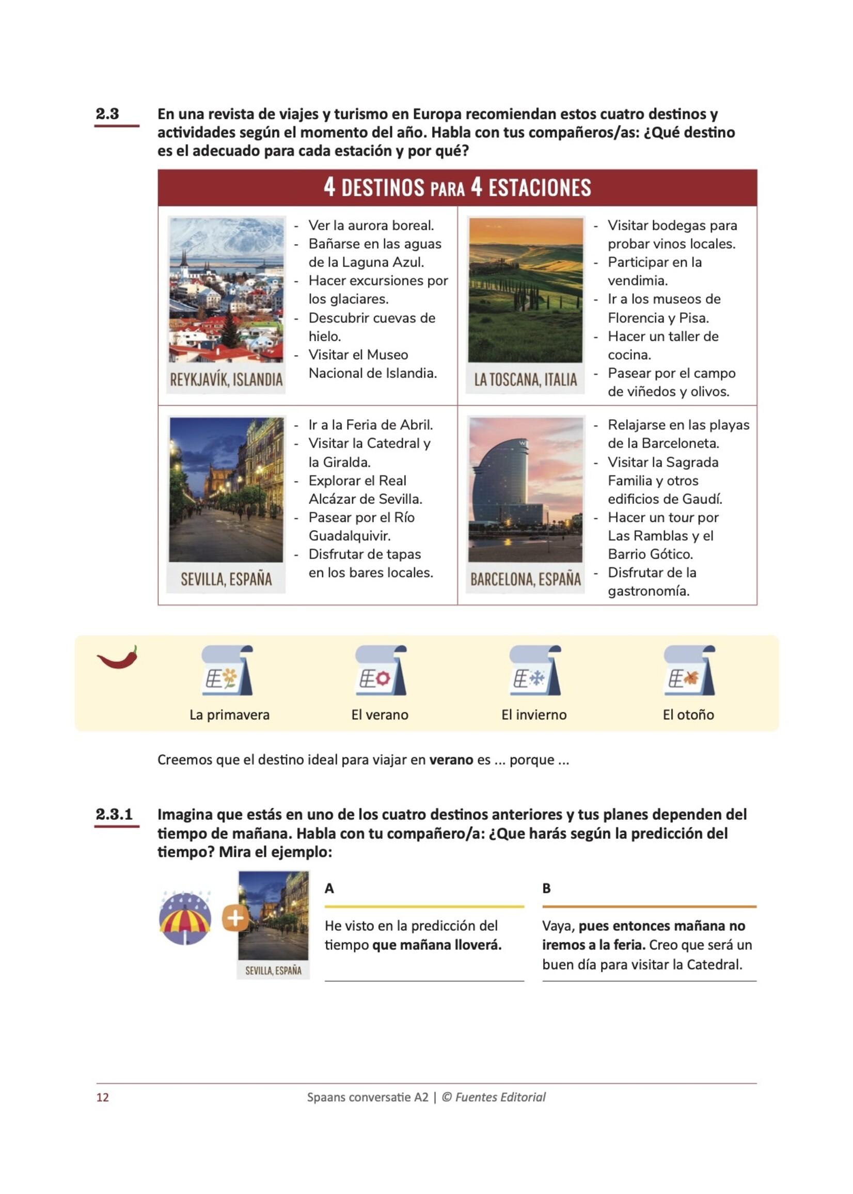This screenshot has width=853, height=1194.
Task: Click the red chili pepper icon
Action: tap(118, 658)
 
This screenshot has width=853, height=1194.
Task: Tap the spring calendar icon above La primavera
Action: tap(227, 671)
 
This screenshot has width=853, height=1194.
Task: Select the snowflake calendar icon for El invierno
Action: tap(535, 671)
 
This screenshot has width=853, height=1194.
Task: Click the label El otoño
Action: tap(688, 714)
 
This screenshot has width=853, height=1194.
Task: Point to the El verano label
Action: tap(380, 714)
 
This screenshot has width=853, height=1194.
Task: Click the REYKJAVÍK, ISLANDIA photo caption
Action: tap(226, 379)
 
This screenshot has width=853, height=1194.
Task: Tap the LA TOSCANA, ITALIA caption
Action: tap(525, 379)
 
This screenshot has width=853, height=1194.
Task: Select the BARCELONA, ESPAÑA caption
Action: tap(525, 579)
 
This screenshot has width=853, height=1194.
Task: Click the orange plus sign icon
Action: tap(235, 918)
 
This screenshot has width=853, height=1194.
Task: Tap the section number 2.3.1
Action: tap(114, 815)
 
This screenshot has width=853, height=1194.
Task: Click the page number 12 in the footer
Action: tap(102, 1097)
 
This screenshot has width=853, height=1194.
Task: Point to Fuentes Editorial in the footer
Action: tap(500, 1097)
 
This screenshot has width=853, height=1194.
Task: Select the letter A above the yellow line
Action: tap(329, 888)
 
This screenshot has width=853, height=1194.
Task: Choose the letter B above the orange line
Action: tap(546, 888)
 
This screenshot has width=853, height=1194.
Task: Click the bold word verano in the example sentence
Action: tap(451, 760)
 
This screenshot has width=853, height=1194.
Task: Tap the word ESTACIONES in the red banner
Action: tap(540, 187)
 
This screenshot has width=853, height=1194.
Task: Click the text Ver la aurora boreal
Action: tap(371, 225)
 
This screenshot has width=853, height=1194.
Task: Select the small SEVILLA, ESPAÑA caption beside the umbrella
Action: tap(273, 970)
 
